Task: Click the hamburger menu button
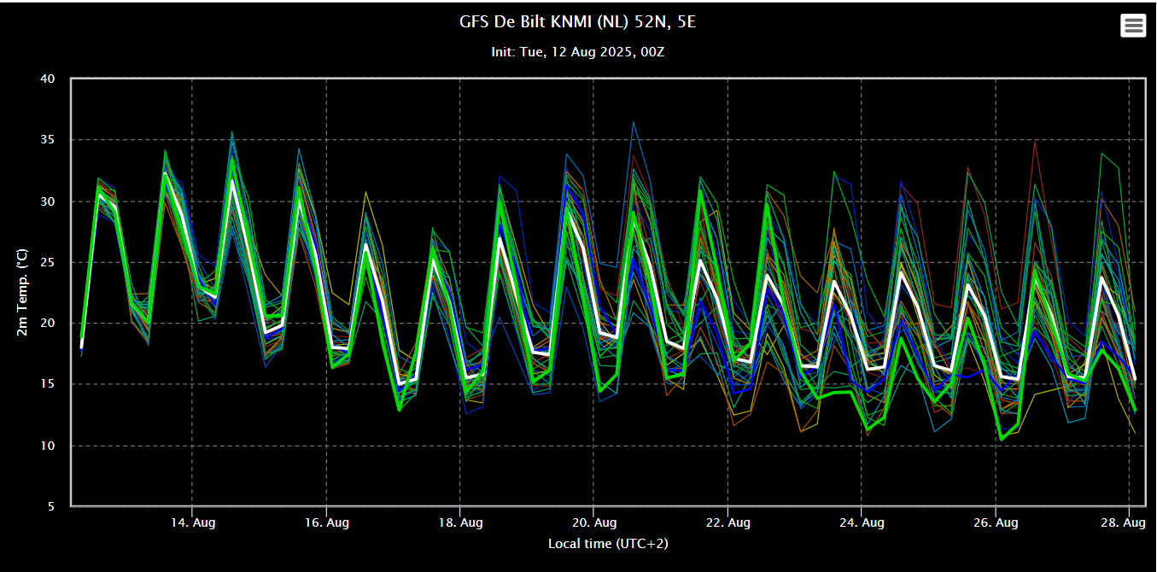tap(1133, 26)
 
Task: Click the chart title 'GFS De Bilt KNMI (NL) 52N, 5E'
tap(577, 21)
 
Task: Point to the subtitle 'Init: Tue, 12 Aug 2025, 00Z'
tap(577, 52)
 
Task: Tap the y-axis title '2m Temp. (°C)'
tap(21, 292)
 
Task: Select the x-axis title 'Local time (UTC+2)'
tap(608, 544)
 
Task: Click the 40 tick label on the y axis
tap(48, 79)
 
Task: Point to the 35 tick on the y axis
tap(48, 140)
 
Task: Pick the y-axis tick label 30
tap(48, 201)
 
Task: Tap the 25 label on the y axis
tap(48, 262)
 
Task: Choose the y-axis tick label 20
tap(48, 324)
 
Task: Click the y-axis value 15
tap(48, 384)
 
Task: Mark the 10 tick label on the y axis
tap(48, 446)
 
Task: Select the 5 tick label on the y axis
tap(51, 506)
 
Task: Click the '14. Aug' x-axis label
tap(193, 522)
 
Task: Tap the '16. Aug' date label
tap(326, 522)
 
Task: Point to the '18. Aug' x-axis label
tap(460, 522)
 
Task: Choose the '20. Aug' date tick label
tap(594, 522)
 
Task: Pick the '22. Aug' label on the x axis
tap(728, 522)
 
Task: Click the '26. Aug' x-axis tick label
tap(996, 522)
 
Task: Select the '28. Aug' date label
tap(1123, 522)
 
